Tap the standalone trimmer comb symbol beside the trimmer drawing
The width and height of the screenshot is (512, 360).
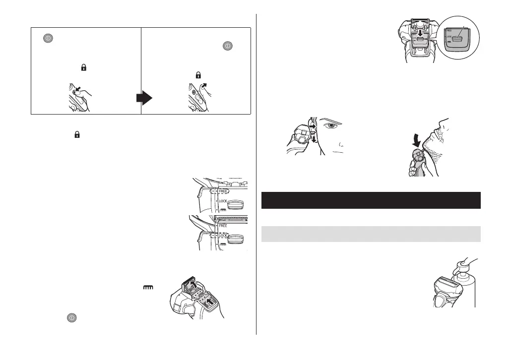point(148,287)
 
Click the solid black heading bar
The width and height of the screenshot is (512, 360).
point(371,200)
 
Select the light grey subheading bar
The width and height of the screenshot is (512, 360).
point(371,234)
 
